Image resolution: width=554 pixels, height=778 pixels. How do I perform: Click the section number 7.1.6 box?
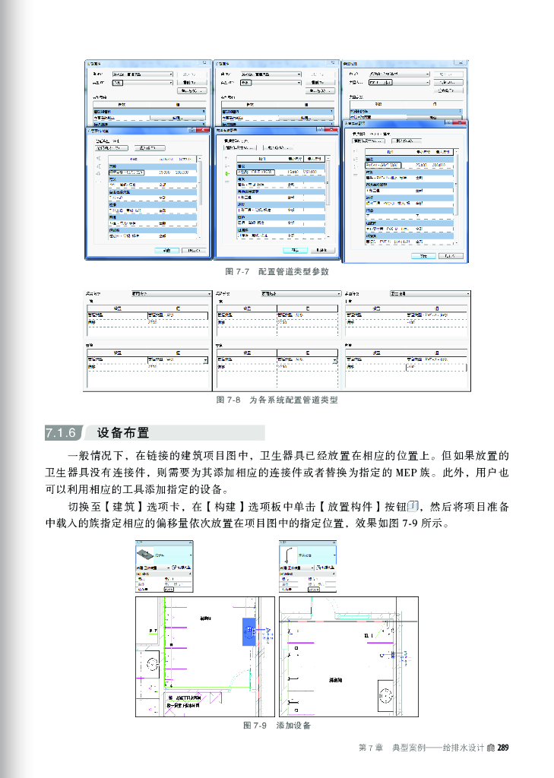pos(61,434)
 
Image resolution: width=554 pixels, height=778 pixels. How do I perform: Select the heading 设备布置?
pos(122,434)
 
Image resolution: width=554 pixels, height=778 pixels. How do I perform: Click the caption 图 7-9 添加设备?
pos(277,726)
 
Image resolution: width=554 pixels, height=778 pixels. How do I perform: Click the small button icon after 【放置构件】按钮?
pos(414,507)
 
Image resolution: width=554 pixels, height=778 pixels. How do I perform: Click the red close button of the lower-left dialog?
pos(201,132)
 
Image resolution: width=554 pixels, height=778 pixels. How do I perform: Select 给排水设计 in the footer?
pos(462,748)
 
